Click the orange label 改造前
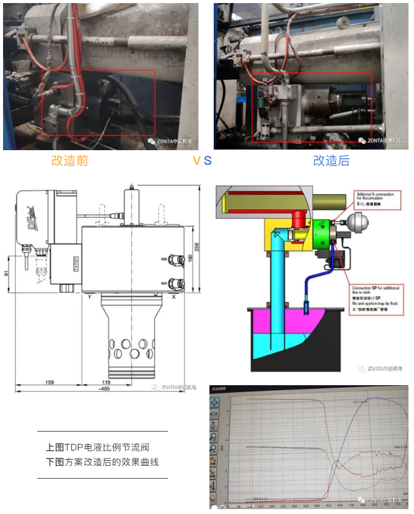[x=70, y=161]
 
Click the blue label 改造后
[x=331, y=161]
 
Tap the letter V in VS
[x=197, y=161]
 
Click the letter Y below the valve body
[x=89, y=297]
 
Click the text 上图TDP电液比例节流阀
[x=101, y=446]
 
